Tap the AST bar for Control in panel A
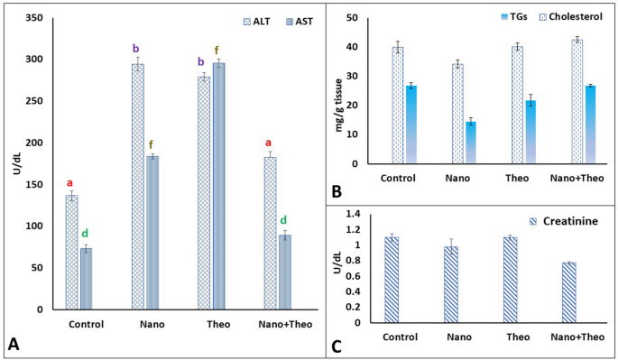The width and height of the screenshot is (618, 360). [x=86, y=279]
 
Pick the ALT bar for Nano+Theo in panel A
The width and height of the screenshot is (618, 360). [x=270, y=234]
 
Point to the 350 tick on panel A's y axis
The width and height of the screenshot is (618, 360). [x=38, y=18]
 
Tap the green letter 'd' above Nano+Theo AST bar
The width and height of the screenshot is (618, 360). [x=283, y=220]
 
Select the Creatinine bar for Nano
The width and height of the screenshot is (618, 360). [x=451, y=284]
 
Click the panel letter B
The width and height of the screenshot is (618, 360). [x=336, y=190]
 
